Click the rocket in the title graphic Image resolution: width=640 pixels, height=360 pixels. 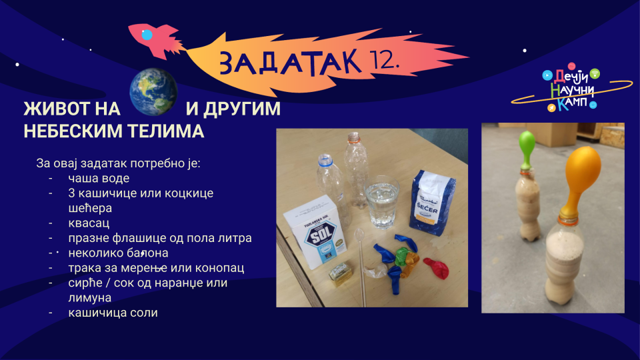pyautogui.click(x=153, y=39)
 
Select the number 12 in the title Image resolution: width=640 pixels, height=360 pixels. pyautogui.click(x=383, y=61)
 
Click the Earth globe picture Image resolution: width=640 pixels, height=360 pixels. pyautogui.click(x=153, y=92)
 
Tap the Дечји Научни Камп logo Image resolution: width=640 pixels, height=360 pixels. pyautogui.click(x=571, y=88)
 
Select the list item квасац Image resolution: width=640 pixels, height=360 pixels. pyautogui.click(x=89, y=223)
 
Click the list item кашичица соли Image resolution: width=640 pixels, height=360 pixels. pyautogui.click(x=113, y=313)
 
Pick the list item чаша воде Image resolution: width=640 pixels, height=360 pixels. pyautogui.click(x=99, y=179)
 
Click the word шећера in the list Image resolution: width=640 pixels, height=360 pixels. pyautogui.click(x=90, y=208)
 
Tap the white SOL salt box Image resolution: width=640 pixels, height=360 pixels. pyautogui.click(x=315, y=231)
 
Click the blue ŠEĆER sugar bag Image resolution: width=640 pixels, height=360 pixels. pyautogui.click(x=433, y=203)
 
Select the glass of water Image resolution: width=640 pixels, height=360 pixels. pyautogui.click(x=381, y=202)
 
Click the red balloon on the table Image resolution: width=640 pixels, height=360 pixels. pyautogui.click(x=436, y=267)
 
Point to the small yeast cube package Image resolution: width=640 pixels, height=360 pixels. pyautogui.click(x=340, y=274)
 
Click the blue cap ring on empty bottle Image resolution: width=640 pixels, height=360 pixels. pyautogui.click(x=325, y=159)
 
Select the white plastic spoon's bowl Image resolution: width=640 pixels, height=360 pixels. pyautogui.click(x=359, y=235)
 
